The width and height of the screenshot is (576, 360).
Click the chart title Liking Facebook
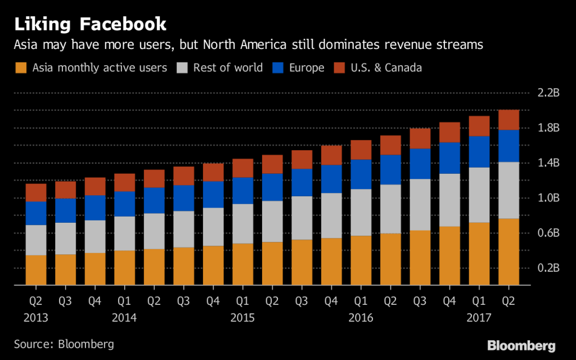pos(91,24)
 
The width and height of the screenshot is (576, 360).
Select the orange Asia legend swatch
pos(20,68)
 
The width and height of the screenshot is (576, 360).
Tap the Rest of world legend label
pos(228,68)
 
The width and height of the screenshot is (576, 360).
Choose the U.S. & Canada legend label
pos(386,68)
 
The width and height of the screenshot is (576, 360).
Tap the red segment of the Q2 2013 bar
pos(36,192)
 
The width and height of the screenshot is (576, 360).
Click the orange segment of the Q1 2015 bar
pos(242,264)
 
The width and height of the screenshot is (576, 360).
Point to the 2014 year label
pos(124,318)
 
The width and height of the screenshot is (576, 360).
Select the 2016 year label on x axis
pos(360,318)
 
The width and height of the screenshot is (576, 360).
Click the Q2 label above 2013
pos(36,301)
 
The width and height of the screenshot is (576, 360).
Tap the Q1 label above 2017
pos(479,301)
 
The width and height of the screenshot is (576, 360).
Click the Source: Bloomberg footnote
pos(64,344)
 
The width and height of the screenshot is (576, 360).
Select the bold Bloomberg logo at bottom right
pos(521,345)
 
